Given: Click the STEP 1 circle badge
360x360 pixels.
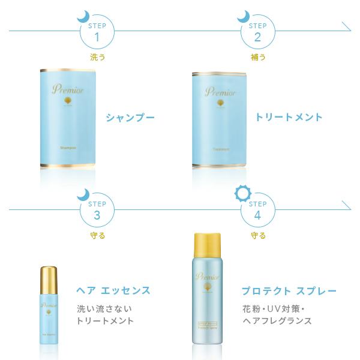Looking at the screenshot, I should [97, 31].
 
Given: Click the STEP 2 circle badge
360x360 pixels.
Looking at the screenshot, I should [257, 31].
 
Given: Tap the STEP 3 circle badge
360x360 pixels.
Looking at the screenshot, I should [97, 209].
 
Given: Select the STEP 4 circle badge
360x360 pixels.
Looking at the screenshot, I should [257, 209].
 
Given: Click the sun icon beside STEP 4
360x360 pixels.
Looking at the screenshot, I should [242, 193].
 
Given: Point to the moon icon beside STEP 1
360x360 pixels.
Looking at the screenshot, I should [83, 15].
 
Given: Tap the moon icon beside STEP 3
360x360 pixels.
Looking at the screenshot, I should [83, 194].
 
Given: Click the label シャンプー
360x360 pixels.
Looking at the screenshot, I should [130, 117].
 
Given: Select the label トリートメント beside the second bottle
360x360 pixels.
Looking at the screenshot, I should [289, 117].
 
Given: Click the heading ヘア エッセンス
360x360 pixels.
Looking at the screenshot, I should [113, 291].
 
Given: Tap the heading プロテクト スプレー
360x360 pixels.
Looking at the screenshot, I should [289, 291].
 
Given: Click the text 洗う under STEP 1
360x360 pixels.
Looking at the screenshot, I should [97, 57].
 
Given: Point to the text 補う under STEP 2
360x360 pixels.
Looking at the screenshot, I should [257, 57].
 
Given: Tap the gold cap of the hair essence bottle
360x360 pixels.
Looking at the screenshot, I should [49, 277].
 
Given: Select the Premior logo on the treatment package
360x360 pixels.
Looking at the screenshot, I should [220, 92].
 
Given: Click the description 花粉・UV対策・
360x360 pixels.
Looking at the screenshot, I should [274, 309].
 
